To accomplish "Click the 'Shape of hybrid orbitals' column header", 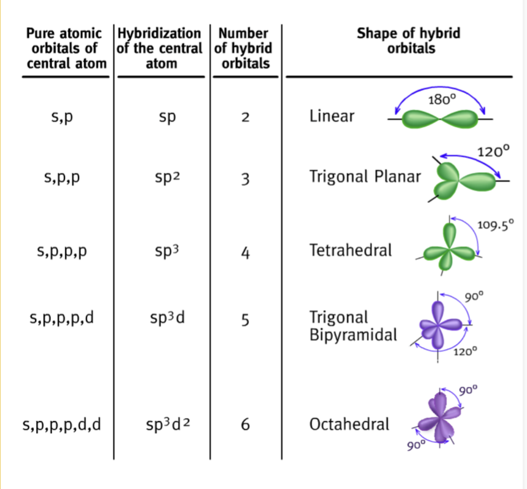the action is click(x=408, y=41).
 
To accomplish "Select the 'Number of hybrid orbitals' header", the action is click(x=245, y=48).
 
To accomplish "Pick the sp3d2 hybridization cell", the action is click(x=166, y=424).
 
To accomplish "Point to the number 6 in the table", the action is click(x=245, y=424).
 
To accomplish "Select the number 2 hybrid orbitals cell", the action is click(x=245, y=117).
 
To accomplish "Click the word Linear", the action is click(x=332, y=116).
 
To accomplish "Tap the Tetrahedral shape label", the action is click(x=351, y=250).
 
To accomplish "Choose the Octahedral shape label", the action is click(x=349, y=424).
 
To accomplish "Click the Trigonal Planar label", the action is click(x=365, y=177).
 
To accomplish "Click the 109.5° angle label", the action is click(x=494, y=224).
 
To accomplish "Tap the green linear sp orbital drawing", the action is click(x=439, y=119).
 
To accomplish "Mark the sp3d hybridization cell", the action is click(x=166, y=319).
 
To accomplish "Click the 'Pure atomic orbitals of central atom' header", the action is click(x=65, y=48).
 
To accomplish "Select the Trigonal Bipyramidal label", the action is click(x=353, y=326).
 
